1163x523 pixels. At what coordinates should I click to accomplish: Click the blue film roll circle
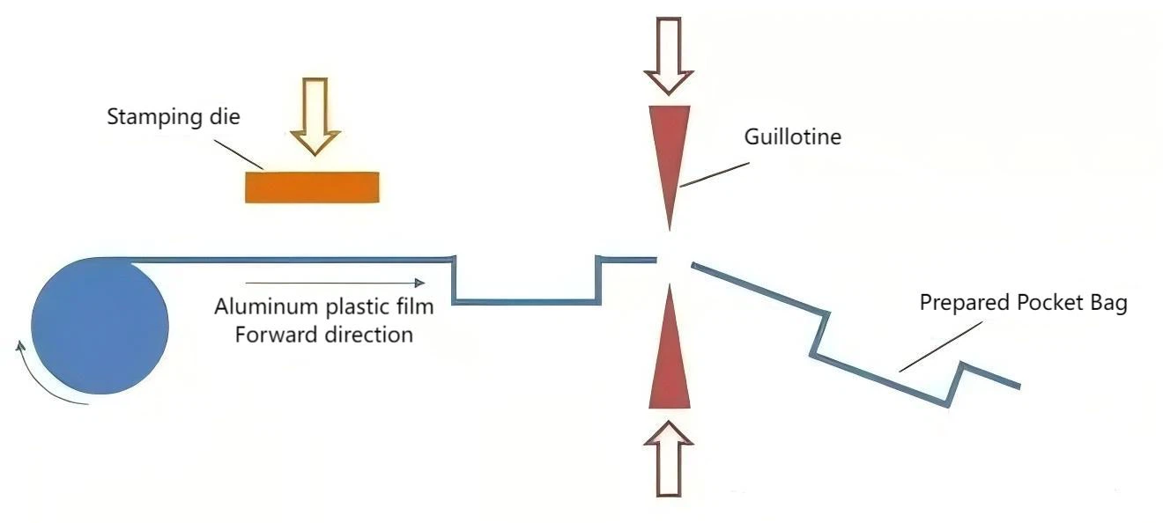point(100,328)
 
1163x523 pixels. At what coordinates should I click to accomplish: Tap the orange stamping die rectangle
point(312,187)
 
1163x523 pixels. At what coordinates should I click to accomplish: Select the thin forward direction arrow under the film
point(335,283)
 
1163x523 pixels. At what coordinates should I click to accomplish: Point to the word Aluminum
point(256,307)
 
